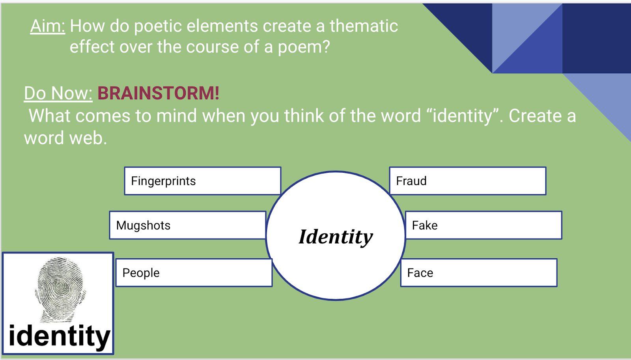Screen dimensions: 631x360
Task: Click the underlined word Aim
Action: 48,26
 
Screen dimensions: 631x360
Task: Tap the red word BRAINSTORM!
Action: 158,93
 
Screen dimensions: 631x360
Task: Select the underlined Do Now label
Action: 58,93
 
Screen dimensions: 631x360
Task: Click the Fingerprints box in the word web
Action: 203,181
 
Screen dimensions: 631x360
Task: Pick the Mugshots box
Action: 188,225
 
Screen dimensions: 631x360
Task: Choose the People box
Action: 194,273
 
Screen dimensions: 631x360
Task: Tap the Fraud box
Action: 468,181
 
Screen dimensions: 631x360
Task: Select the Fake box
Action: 484,225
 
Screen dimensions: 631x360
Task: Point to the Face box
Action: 479,273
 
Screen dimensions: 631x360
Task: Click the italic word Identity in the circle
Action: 336,237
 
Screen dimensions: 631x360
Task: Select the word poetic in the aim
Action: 158,26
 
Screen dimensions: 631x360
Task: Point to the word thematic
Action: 364,26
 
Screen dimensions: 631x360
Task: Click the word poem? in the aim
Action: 304,47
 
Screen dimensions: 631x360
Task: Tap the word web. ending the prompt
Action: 88,138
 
